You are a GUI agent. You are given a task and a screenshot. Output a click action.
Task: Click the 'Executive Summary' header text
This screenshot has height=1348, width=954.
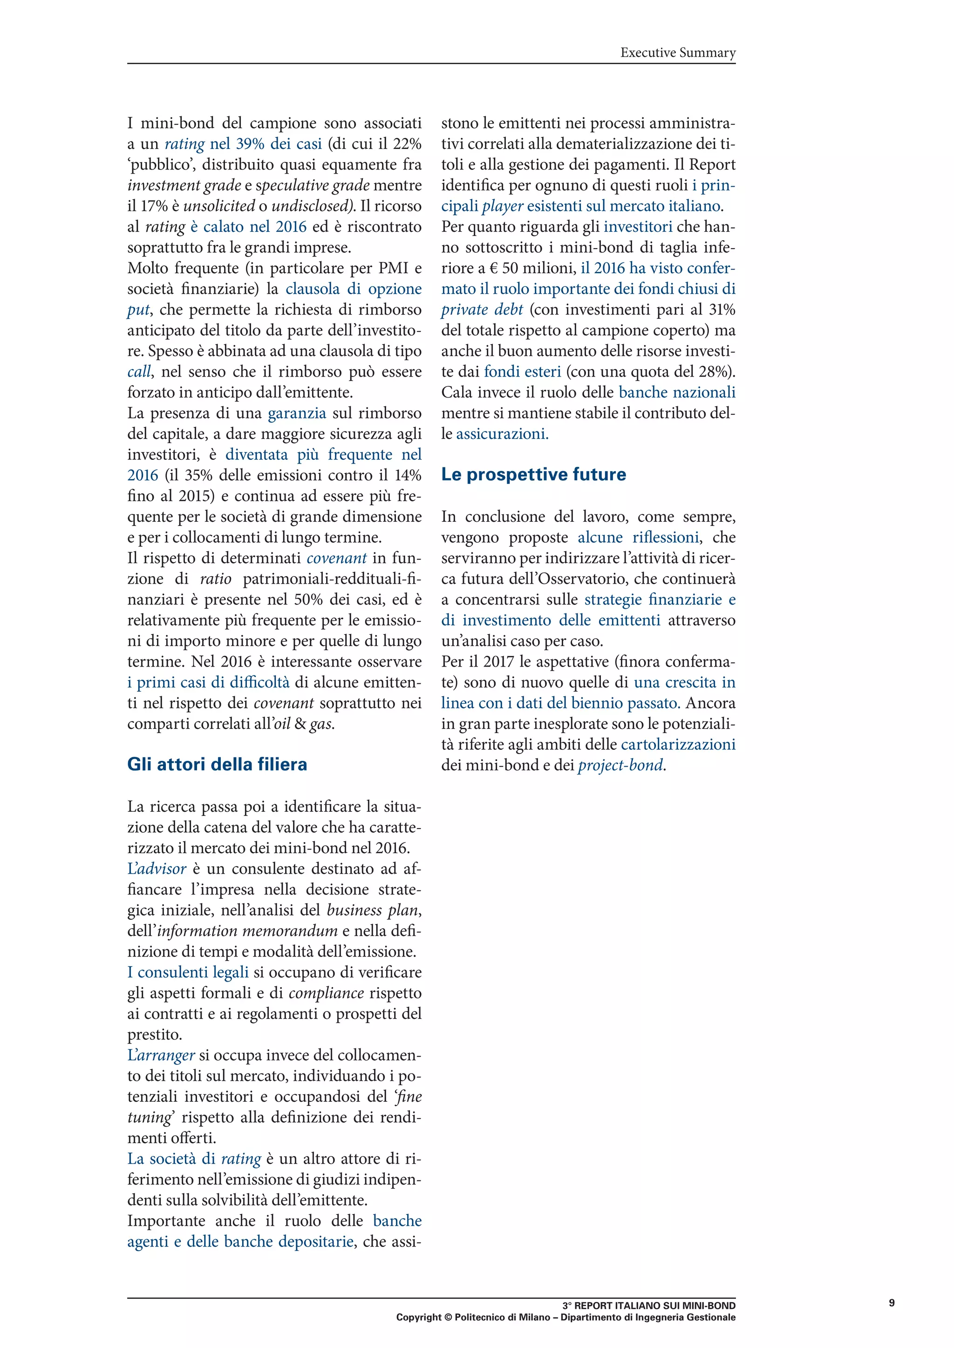tap(678, 53)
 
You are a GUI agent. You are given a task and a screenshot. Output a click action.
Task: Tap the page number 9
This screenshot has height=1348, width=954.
tap(892, 1303)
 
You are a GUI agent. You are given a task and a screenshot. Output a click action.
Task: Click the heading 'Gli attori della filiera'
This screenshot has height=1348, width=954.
tap(218, 764)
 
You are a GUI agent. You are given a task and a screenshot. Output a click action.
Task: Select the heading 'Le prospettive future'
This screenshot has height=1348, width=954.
tap(533, 474)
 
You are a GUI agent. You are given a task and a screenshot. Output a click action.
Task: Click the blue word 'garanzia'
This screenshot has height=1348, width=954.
tap(297, 413)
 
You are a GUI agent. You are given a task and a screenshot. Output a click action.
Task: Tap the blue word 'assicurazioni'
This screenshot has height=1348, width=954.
tap(502, 434)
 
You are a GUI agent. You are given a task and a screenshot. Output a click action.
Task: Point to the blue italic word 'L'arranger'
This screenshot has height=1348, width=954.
tap(161, 1055)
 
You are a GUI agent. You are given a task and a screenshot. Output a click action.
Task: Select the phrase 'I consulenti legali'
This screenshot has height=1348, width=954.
tap(188, 972)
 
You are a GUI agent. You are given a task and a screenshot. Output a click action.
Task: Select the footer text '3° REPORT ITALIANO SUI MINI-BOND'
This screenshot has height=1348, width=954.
tap(648, 1306)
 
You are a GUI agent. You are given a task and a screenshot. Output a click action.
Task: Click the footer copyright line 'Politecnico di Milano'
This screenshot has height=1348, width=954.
tap(502, 1317)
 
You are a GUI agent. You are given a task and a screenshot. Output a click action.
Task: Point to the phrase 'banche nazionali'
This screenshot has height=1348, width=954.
tap(677, 393)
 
